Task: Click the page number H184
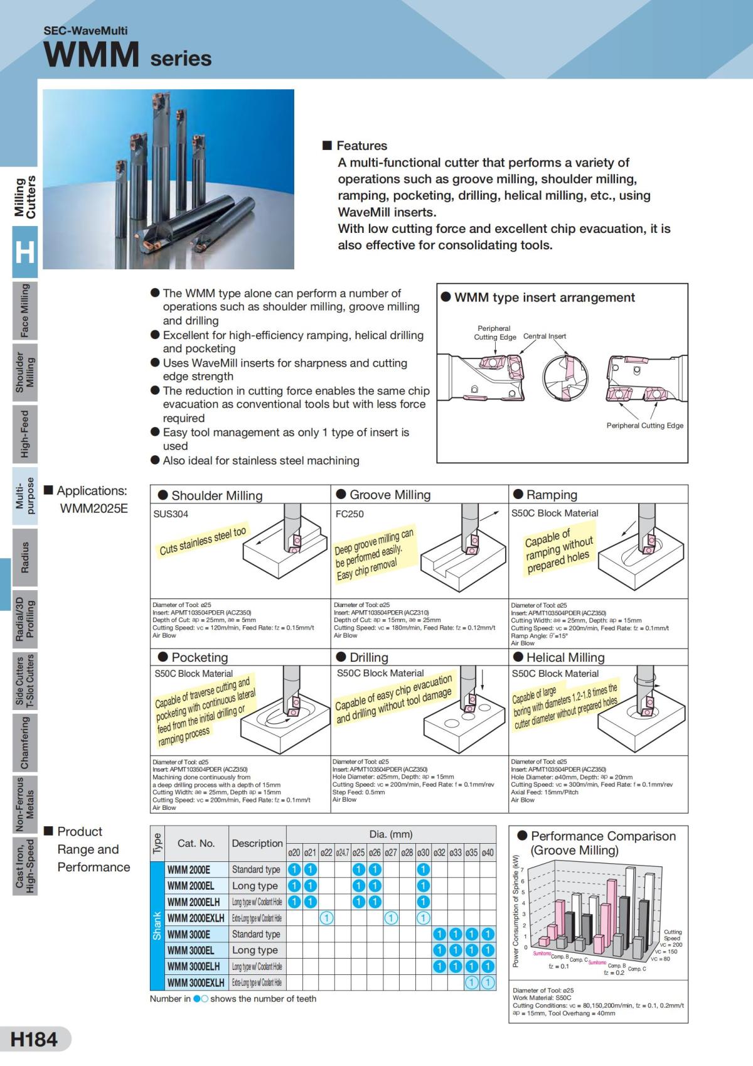coord(35,1039)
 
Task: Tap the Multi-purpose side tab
coord(24,495)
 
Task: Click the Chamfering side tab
coord(24,743)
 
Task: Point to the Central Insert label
coord(544,336)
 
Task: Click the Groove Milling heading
coord(390,495)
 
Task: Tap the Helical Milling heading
coord(565,657)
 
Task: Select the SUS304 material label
coord(171,514)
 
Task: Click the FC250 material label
coord(350,514)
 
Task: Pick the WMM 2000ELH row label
coord(193,902)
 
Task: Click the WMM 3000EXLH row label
coord(196,983)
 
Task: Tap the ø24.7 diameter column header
coord(342,853)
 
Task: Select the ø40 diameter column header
coord(488,853)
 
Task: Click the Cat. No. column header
coord(196,843)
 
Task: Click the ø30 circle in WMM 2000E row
coord(423,869)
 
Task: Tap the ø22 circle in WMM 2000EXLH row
coord(326,918)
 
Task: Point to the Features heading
coord(361,146)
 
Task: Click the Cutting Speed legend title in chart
coord(672,935)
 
